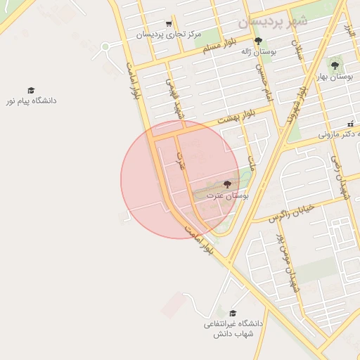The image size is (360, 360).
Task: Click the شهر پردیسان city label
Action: (272, 22)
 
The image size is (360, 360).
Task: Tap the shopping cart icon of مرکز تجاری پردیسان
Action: (169, 23)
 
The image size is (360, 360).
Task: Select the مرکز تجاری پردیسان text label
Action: (169, 34)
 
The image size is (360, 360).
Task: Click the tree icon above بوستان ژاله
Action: (258, 41)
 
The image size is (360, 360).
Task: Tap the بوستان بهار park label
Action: (334, 76)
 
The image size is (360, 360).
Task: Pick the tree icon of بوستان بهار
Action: (334, 65)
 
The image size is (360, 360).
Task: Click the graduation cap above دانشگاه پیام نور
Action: (31, 91)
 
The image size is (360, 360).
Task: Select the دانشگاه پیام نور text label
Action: (31, 101)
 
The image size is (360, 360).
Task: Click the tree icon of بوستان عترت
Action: (226, 184)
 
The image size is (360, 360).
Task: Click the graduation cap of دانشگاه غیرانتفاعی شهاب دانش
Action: (233, 314)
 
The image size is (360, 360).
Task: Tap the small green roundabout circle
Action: (105, 47)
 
